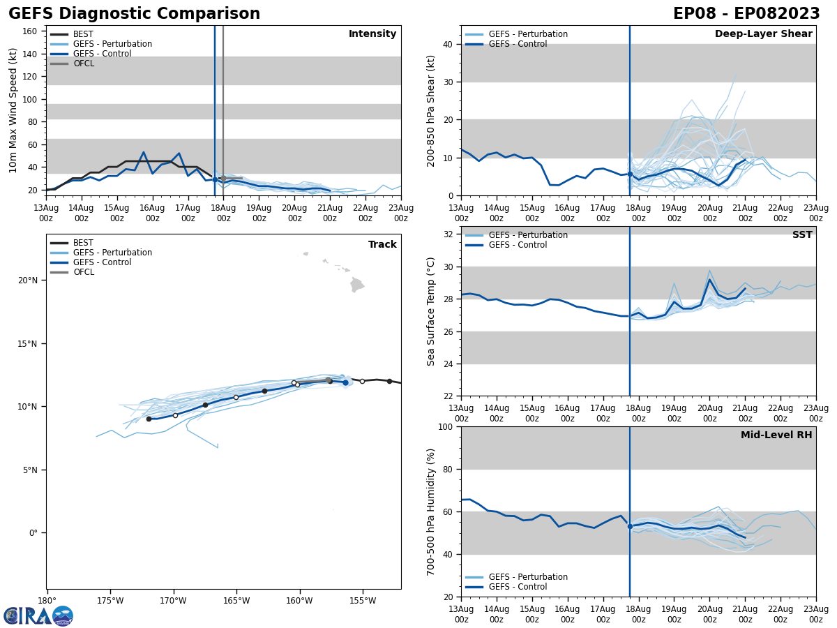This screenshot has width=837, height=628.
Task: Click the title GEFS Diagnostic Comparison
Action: point(134,14)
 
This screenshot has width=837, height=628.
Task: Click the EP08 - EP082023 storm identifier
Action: point(746,14)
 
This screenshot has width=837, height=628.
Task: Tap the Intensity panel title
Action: point(372,34)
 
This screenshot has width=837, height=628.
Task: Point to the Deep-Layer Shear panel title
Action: point(763,34)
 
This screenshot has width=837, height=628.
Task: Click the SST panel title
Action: point(802,235)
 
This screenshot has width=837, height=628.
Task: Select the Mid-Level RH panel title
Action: point(776,435)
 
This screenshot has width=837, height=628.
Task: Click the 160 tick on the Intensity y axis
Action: point(31,31)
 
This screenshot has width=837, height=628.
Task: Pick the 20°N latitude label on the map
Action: point(27,281)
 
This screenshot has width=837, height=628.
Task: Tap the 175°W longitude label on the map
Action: point(110,600)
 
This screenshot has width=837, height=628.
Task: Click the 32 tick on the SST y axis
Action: point(448,234)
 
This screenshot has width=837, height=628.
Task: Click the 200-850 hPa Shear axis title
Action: point(432,110)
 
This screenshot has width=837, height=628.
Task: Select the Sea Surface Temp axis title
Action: point(432,311)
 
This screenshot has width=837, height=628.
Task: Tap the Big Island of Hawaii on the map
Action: point(356,285)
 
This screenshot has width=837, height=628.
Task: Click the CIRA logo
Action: point(38,616)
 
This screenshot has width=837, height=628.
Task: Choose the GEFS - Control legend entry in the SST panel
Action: point(518,245)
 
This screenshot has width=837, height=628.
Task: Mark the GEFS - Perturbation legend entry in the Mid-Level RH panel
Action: point(528,577)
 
